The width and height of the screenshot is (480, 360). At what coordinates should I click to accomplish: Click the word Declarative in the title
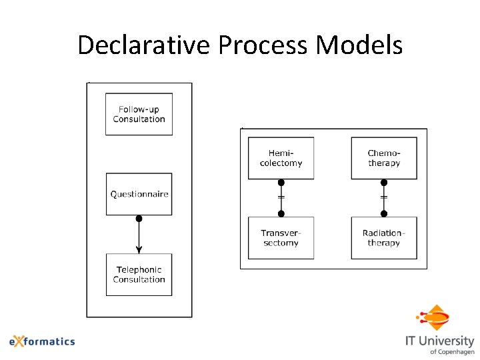[144, 45]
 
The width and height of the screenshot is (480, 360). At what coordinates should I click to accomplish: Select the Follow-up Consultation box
[139, 114]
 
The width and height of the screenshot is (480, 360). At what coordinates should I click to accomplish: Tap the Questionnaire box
[139, 194]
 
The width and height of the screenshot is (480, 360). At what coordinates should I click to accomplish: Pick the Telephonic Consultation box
[139, 275]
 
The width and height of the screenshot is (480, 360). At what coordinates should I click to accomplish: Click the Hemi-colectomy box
[281, 158]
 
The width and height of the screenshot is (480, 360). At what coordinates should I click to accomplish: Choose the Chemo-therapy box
[384, 158]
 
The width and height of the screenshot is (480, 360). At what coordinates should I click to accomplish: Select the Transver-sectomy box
[281, 238]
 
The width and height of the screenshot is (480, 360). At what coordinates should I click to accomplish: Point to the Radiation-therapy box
[384, 238]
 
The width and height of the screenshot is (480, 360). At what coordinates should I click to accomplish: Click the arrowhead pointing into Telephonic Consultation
[139, 249]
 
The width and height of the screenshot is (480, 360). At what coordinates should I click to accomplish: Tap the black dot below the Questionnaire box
[139, 219]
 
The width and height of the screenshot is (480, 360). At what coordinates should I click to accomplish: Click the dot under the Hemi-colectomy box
[281, 183]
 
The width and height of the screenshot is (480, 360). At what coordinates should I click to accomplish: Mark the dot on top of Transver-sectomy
[281, 214]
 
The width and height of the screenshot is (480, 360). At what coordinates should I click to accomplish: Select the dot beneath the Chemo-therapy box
[384, 183]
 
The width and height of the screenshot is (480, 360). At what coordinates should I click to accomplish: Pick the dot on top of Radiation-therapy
[384, 214]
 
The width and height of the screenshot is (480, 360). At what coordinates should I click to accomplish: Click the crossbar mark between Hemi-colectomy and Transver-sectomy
[281, 197]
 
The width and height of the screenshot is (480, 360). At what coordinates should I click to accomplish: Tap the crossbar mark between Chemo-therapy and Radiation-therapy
[384, 197]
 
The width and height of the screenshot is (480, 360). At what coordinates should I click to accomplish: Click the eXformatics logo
[42, 341]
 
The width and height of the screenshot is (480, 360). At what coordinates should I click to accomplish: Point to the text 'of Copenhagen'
[452, 351]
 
